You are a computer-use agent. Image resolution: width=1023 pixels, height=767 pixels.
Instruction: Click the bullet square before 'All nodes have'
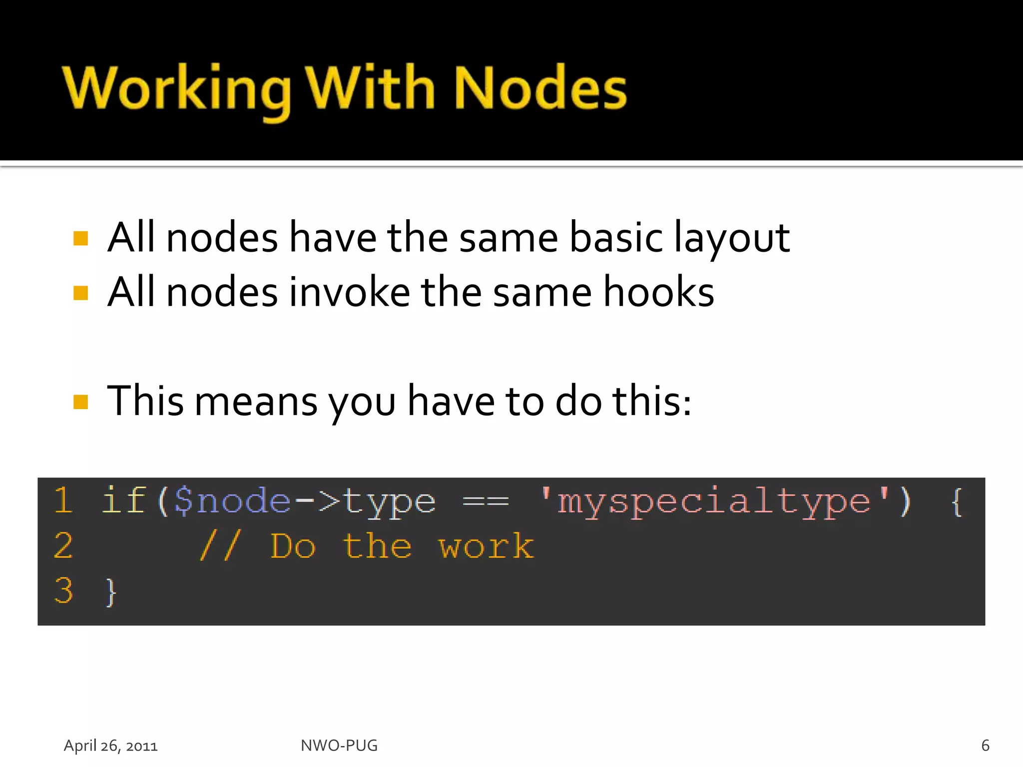pyautogui.click(x=80, y=239)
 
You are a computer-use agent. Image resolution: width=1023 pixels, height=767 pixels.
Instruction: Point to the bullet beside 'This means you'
pyautogui.click(x=80, y=401)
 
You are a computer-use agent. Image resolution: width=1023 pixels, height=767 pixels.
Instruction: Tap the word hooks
pyautogui.click(x=659, y=292)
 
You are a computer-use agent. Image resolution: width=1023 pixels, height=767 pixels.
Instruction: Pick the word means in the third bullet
pyautogui.click(x=256, y=401)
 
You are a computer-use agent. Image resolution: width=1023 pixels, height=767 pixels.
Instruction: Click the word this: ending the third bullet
pyautogui.click(x=652, y=401)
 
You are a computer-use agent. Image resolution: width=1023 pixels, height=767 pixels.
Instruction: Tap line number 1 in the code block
pyautogui.click(x=63, y=500)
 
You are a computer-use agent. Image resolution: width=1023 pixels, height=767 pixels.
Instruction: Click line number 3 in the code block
pyautogui.click(x=63, y=591)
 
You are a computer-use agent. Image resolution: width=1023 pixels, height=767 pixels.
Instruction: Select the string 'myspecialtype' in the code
pyautogui.click(x=714, y=501)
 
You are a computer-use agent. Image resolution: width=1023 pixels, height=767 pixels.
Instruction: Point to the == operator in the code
pyautogui.click(x=486, y=501)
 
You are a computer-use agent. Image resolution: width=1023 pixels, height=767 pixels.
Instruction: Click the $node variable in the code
pyautogui.click(x=232, y=501)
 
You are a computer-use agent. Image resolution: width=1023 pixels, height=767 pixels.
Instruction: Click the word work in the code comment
pyautogui.click(x=486, y=546)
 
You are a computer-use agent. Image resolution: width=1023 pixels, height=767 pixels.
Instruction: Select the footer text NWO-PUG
pyautogui.click(x=339, y=746)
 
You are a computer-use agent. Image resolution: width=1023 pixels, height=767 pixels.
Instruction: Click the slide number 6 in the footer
pyautogui.click(x=985, y=746)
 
